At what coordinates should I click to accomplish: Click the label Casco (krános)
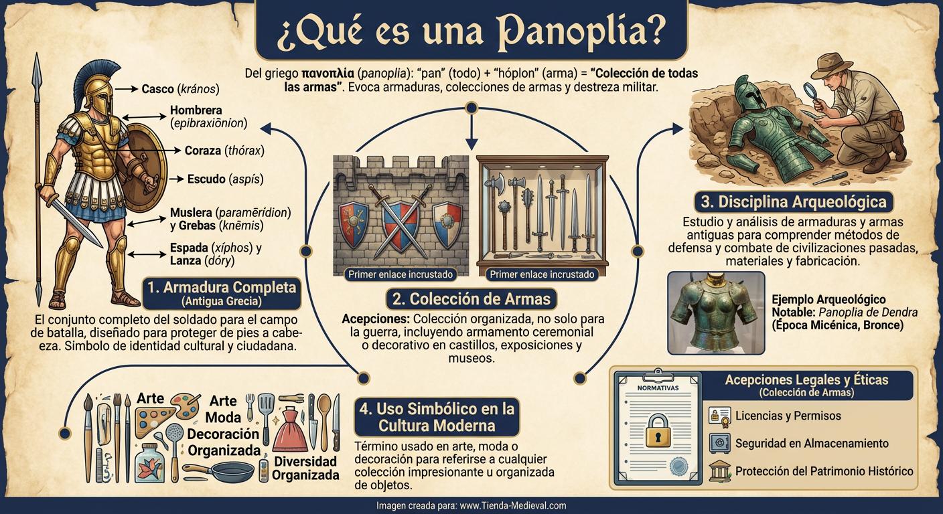(180, 88)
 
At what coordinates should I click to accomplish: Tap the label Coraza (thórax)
(224, 151)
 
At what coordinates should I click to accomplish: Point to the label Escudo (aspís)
(225, 179)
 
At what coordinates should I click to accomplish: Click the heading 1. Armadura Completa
(221, 287)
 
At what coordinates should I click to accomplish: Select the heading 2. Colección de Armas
(472, 298)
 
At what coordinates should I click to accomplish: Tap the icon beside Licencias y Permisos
(719, 416)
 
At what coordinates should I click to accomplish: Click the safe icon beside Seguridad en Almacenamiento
(719, 443)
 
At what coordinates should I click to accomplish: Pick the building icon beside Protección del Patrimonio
(719, 470)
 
